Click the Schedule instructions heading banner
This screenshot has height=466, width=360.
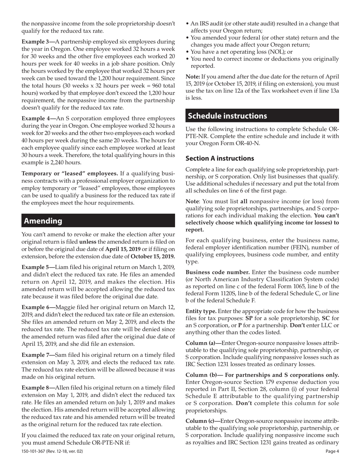point(227,116)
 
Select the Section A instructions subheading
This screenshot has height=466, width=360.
point(220,158)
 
